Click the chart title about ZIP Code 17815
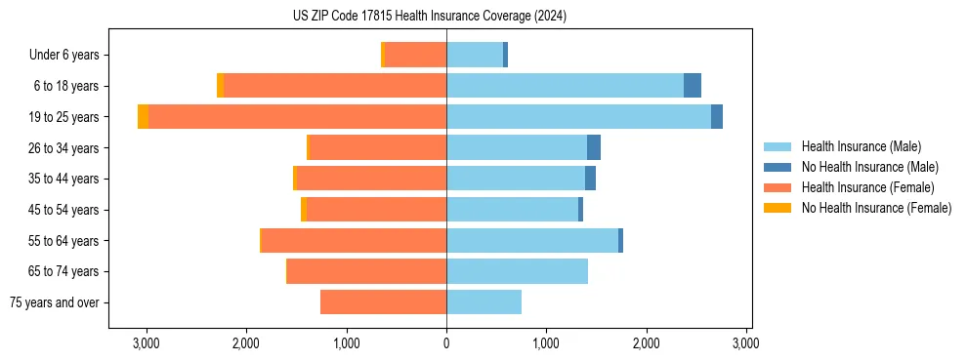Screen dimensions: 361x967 (x=429, y=17)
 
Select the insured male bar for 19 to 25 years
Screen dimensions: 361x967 (x=578, y=117)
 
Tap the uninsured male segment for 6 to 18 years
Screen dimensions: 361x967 (x=693, y=86)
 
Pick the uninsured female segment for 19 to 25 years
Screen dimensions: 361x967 (x=144, y=117)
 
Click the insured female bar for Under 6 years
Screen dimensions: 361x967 (x=415, y=56)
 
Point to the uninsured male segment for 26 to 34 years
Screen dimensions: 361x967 (x=594, y=148)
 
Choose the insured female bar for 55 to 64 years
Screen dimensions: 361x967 (x=354, y=241)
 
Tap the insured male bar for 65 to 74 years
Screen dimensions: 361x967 (x=517, y=271)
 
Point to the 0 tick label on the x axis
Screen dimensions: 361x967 (x=446, y=343)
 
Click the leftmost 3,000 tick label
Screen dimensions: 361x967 (x=146, y=343)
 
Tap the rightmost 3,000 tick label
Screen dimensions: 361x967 (x=746, y=343)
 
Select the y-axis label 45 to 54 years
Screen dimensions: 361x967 (x=63, y=210)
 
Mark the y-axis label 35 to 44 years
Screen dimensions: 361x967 (x=63, y=180)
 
